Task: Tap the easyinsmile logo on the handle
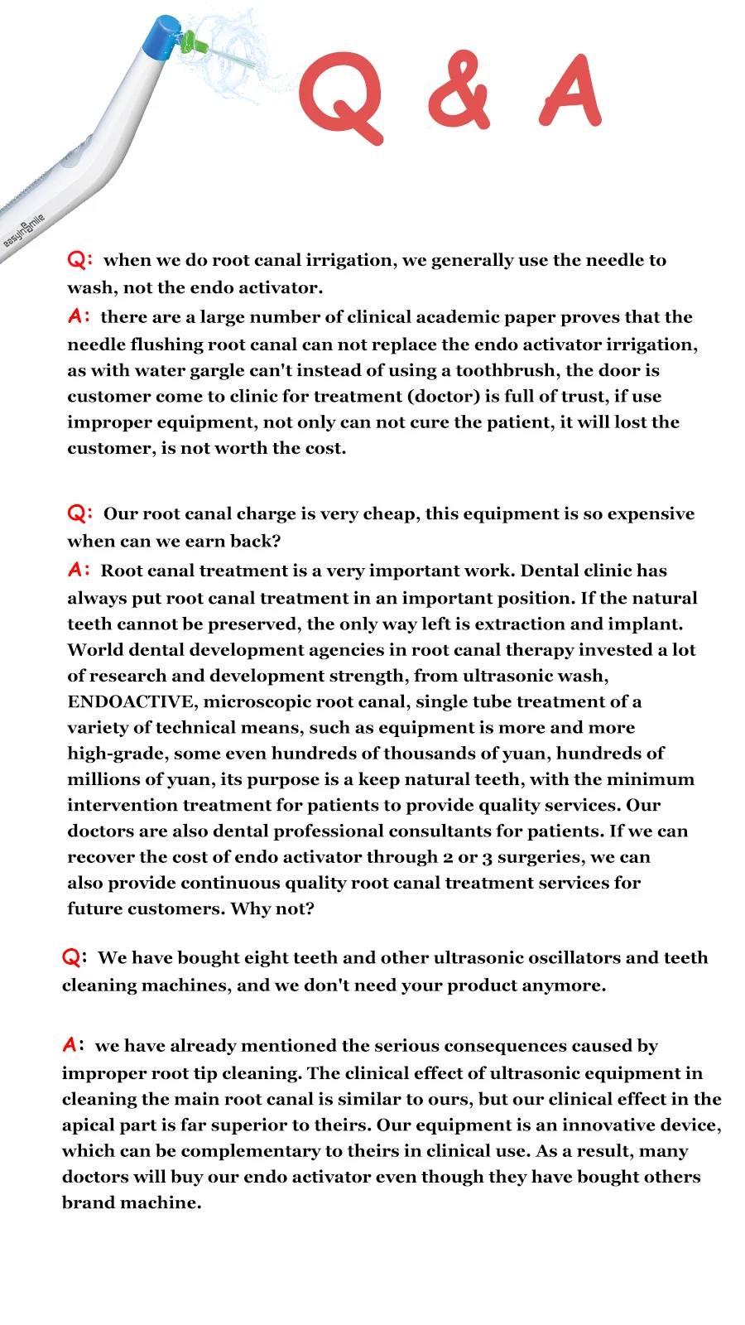click(x=24, y=230)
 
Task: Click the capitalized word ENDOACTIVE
click(x=131, y=701)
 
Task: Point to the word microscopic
click(x=257, y=701)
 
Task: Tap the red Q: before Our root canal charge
click(x=79, y=513)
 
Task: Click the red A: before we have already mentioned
click(x=74, y=1045)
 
